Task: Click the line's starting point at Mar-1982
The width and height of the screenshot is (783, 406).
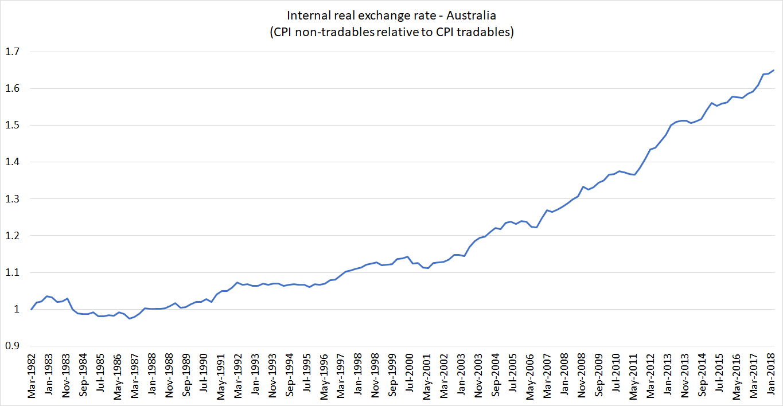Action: (32, 310)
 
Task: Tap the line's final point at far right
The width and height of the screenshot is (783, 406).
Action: (774, 71)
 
